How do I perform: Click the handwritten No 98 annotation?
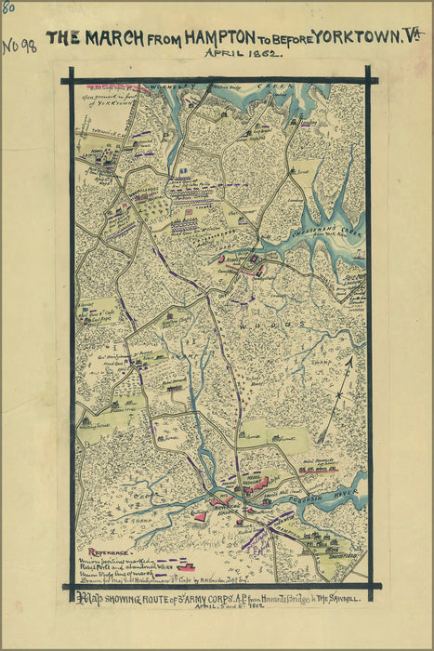coord(19,46)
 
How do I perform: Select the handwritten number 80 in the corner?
coord(8,7)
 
